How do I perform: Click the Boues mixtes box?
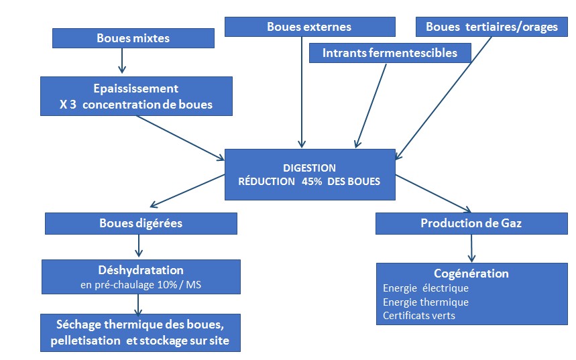coord(133,38)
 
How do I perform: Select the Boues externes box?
coord(308,27)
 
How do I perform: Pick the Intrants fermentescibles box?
coord(390,53)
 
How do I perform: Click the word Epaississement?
coord(136,88)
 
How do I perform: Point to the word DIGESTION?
coord(309,168)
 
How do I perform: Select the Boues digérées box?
coord(141,224)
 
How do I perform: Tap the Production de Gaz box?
coord(471,224)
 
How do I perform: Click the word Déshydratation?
coord(140,270)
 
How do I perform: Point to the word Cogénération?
coord(471,274)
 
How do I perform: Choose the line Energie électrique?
coord(426,288)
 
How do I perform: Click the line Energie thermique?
coord(426,302)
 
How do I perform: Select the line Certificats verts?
coord(419,315)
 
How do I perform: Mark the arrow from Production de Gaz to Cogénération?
coord(472,248)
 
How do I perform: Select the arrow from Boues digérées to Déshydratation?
coord(139,246)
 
